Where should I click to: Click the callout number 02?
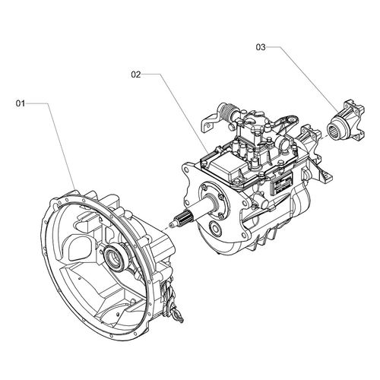(x=137, y=74)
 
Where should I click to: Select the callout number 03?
(x=260, y=47)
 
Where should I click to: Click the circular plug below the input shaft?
(x=217, y=229)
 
